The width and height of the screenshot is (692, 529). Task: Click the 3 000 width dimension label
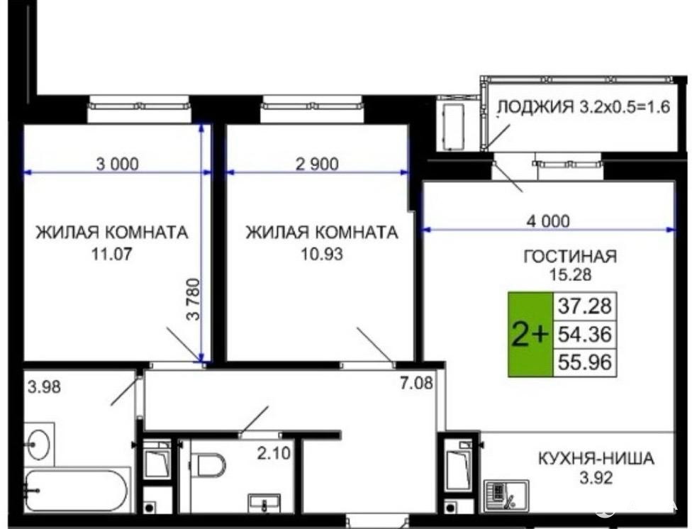(118, 164)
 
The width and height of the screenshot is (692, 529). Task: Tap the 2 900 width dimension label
(317, 164)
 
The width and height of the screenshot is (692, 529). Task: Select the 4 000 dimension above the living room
(548, 221)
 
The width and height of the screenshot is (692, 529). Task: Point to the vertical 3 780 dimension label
(194, 299)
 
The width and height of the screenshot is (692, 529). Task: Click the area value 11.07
(111, 254)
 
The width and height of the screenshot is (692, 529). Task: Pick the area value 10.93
(322, 254)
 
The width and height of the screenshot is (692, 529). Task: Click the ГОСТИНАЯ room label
(570, 256)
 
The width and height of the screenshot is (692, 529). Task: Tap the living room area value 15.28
(570, 274)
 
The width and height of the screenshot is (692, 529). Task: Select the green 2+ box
(530, 334)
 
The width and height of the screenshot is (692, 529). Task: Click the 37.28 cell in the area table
(585, 306)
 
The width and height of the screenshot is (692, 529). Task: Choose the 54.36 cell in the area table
(585, 334)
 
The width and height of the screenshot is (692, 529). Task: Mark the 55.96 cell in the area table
(585, 362)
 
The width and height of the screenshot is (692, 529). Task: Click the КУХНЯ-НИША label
(596, 458)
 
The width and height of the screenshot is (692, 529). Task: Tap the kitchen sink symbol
(506, 496)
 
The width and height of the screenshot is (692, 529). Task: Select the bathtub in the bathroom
(77, 491)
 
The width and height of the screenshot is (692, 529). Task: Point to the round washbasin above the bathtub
(38, 444)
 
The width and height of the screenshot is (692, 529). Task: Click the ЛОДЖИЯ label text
(535, 107)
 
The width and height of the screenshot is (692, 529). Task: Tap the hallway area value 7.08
(417, 383)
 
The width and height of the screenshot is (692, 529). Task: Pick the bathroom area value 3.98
(44, 387)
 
